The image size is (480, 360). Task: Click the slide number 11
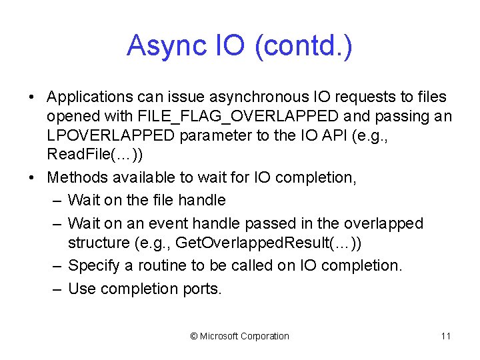pos(445,336)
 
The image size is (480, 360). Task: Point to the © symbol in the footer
pos(194,336)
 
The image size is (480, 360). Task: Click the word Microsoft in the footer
pos(219,336)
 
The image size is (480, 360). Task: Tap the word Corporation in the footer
pos(265,336)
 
